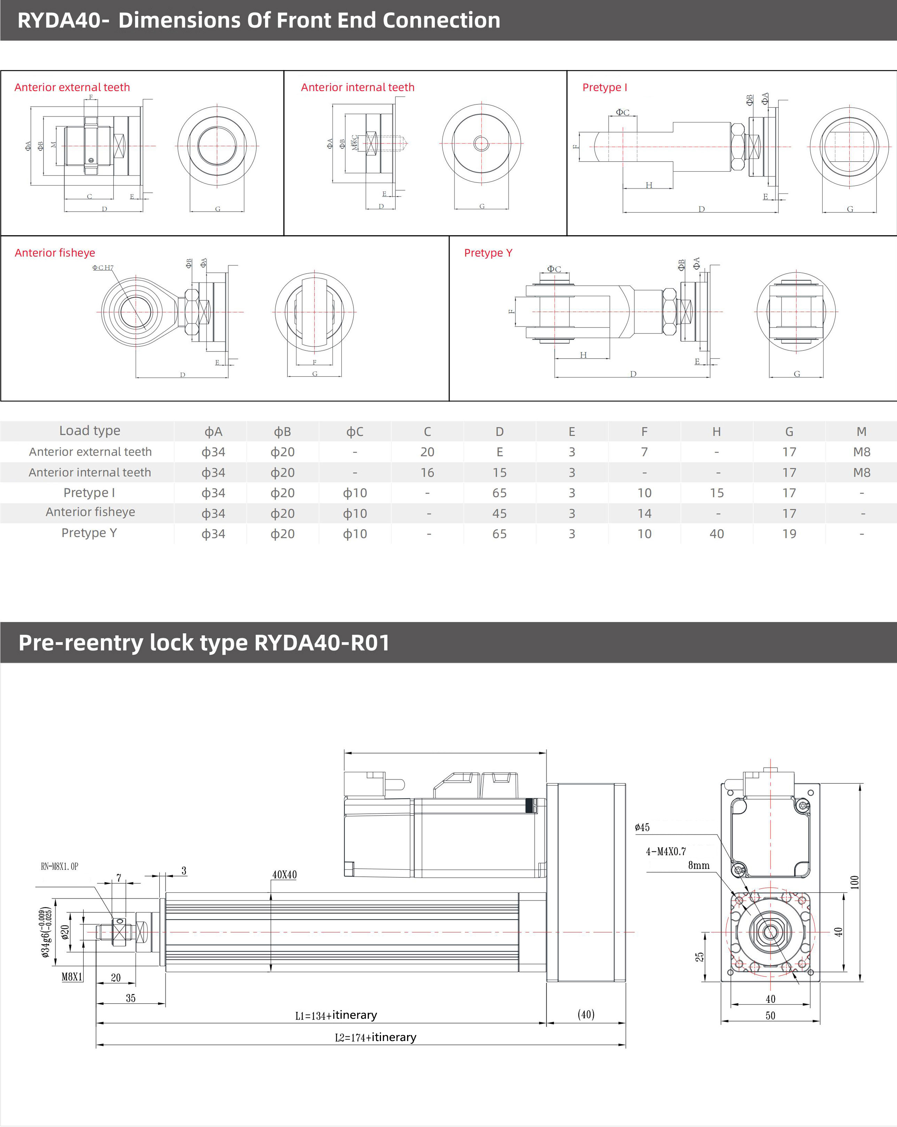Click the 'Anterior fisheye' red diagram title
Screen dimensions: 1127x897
point(55,253)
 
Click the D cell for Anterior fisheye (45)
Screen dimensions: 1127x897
point(499,513)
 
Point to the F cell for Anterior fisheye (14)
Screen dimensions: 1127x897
point(644,513)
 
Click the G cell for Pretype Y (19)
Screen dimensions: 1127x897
point(789,534)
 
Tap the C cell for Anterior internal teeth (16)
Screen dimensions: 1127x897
point(427,473)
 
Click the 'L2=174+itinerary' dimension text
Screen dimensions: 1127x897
point(375,1037)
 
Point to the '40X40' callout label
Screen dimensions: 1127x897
point(284,875)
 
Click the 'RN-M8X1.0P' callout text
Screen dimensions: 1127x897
point(59,866)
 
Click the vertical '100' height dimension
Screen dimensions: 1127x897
point(854,882)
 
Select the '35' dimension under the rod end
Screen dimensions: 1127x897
point(130,998)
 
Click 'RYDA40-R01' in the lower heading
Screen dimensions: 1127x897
point(322,643)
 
